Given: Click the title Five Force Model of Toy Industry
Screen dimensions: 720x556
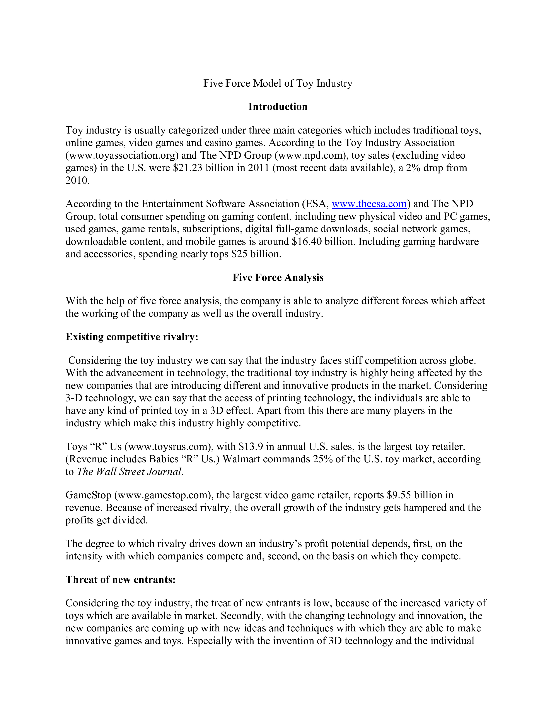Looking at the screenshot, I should (x=278, y=83).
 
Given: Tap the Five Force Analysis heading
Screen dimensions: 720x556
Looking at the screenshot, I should (x=278, y=277).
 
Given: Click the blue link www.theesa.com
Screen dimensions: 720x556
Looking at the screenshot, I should (x=369, y=204).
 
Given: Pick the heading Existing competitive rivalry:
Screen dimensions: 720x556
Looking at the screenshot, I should (x=132, y=337).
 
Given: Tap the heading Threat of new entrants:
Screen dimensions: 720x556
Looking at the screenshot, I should (x=121, y=579).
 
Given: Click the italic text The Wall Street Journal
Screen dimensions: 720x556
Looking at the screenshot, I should (x=129, y=471).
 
